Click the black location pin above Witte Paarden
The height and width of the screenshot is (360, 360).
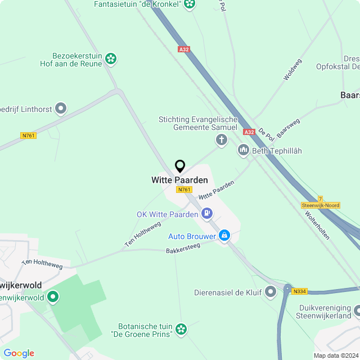click(180, 166)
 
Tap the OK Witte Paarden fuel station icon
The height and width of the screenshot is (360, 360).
click(208, 213)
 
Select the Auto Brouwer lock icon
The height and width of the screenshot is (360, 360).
click(224, 235)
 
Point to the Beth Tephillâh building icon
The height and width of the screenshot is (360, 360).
click(243, 150)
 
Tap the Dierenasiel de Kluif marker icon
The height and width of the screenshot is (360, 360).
click(271, 291)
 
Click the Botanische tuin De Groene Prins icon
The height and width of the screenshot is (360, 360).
click(181, 328)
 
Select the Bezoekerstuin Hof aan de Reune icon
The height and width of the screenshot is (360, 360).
click(111, 58)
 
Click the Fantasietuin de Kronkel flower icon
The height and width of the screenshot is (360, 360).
click(190, 4)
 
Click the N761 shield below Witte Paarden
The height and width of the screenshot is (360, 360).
click(184, 190)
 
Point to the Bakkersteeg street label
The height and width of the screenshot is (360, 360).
click(183, 248)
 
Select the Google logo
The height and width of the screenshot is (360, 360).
click(19, 353)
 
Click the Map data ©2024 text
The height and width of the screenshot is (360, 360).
click(336, 355)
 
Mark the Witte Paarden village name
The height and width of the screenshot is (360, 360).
click(179, 180)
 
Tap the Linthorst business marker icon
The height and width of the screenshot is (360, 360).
click(61, 107)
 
